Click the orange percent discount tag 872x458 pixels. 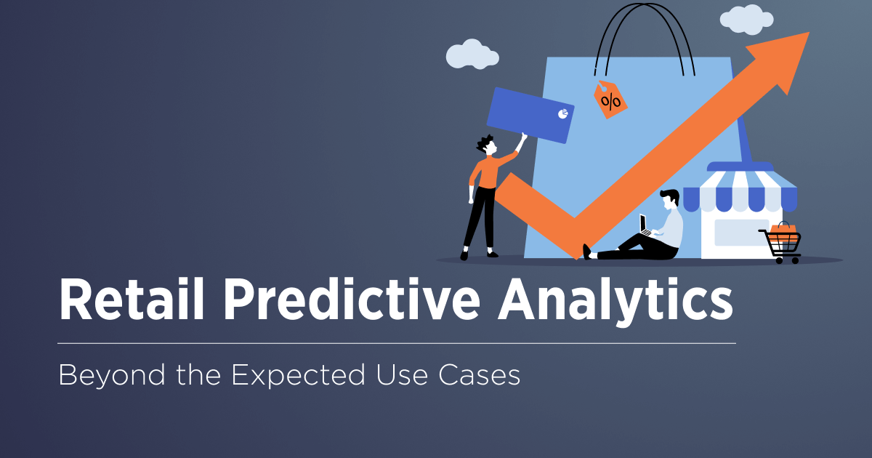pyautogui.click(x=610, y=100)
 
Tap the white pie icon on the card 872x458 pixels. pyautogui.click(x=562, y=113)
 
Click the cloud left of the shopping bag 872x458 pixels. pyautogui.click(x=467, y=55)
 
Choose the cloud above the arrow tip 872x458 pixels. pyautogui.click(x=747, y=20)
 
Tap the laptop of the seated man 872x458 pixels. pyautogui.click(x=645, y=225)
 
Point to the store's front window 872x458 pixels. pyautogui.click(x=741, y=232)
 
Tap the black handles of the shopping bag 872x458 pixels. pyautogui.click(x=640, y=36)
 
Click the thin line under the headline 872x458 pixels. pyautogui.click(x=397, y=342)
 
